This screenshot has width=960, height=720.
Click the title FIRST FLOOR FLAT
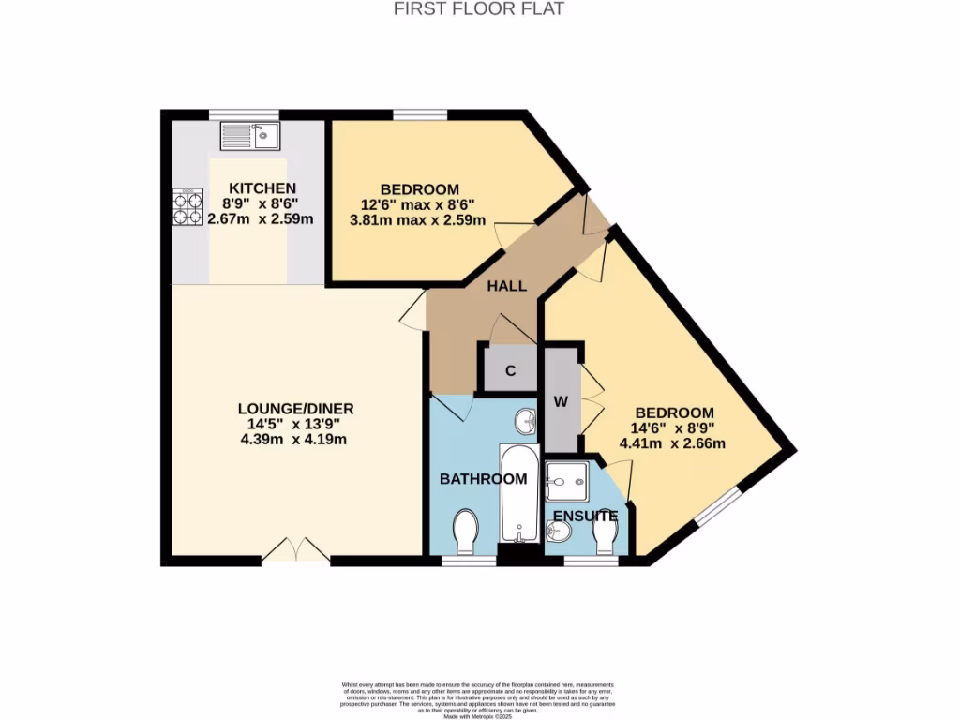pyautogui.click(x=479, y=9)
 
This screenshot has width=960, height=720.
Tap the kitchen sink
pyautogui.click(x=250, y=137)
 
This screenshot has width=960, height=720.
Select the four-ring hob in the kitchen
pyautogui.click(x=187, y=207)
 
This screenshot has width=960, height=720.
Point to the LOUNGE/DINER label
pyautogui.click(x=295, y=409)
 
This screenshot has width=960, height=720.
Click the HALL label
pyautogui.click(x=506, y=286)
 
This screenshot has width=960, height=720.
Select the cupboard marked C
pyautogui.click(x=511, y=370)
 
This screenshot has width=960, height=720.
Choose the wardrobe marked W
pyautogui.click(x=562, y=401)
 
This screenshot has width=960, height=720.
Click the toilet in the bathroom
pyautogui.click(x=465, y=532)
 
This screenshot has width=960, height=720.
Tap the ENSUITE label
pyautogui.click(x=584, y=516)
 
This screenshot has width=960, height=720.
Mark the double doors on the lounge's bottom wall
pyautogui.click(x=296, y=552)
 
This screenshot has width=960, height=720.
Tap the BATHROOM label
pyautogui.click(x=484, y=479)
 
